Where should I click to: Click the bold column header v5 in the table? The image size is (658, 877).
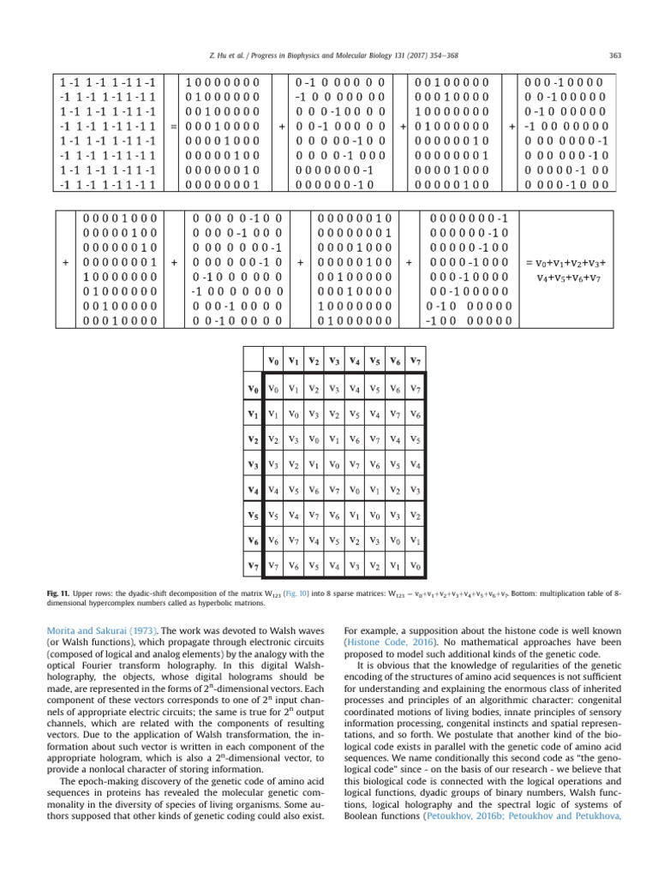click(374, 360)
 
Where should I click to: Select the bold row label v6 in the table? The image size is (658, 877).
click(253, 541)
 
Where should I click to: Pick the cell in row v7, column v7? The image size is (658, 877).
click(415, 566)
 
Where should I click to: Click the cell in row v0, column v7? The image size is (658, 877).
click(415, 390)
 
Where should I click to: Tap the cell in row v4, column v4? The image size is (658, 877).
click(354, 491)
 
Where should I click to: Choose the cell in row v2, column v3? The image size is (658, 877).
click(333, 440)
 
